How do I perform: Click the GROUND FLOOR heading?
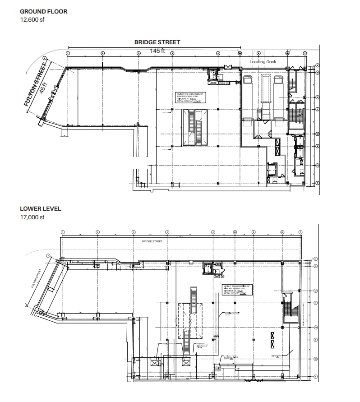pyautogui.click(x=43, y=11)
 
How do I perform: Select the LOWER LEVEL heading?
pyautogui.click(x=40, y=209)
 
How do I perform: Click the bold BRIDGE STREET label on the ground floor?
pyautogui.click(x=157, y=42)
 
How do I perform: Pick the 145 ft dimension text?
pyautogui.click(x=157, y=51)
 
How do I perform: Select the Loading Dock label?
pyautogui.click(x=263, y=62)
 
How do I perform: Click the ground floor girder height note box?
pyautogui.click(x=190, y=97)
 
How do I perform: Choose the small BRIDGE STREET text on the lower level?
pyautogui.click(x=152, y=241)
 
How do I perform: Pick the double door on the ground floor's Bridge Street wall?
pyautogui.click(x=228, y=67)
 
